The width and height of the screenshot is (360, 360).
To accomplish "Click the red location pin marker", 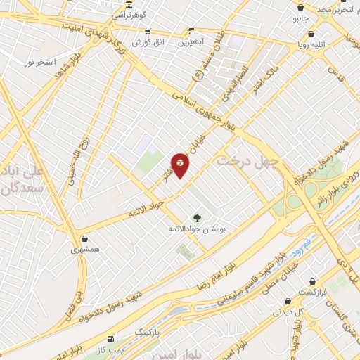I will click(x=180, y=164).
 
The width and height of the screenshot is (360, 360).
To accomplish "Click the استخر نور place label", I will click(x=39, y=63).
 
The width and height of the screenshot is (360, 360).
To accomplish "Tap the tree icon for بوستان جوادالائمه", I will click(x=198, y=218).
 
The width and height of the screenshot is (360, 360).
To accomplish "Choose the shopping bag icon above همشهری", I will click(x=85, y=239).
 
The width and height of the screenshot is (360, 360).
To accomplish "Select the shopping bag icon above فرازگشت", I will click(x=313, y=281).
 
